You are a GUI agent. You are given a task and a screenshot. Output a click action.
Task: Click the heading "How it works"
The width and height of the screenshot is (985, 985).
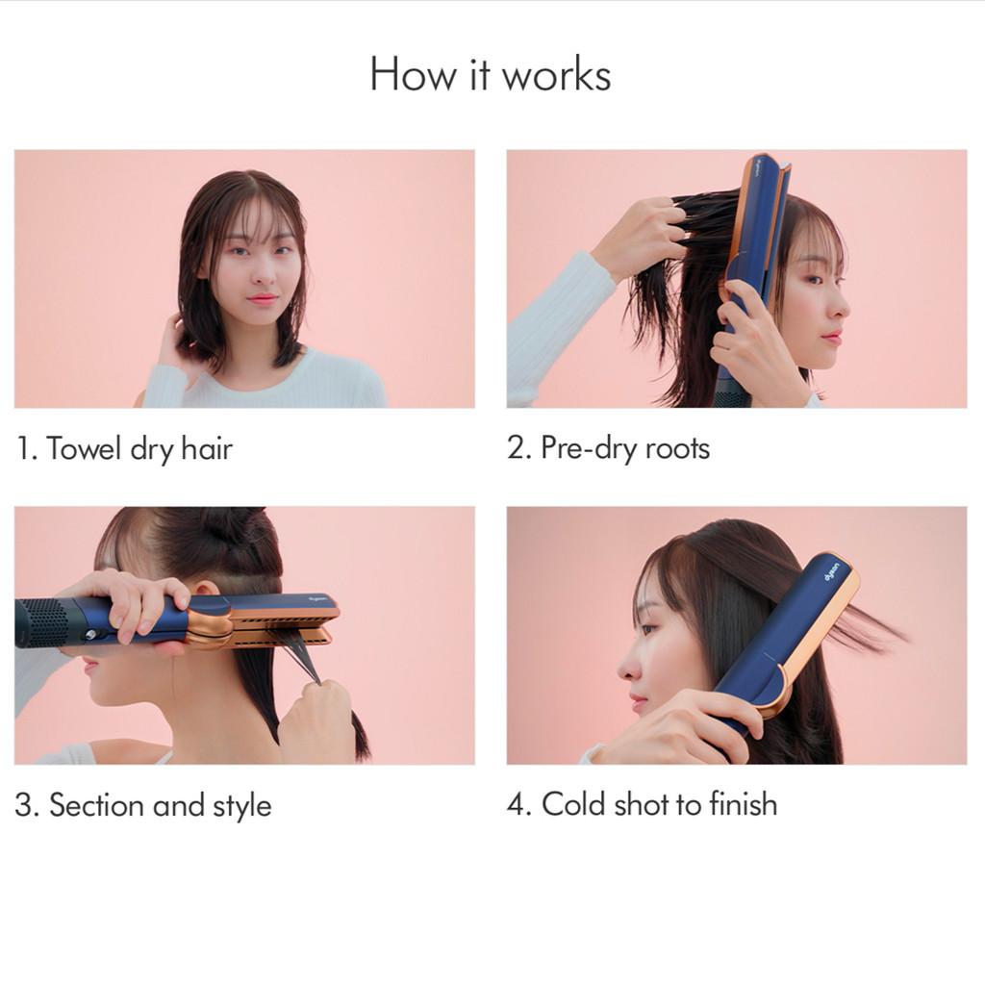490,75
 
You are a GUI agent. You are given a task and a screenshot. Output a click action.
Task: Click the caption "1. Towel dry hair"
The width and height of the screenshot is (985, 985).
124,448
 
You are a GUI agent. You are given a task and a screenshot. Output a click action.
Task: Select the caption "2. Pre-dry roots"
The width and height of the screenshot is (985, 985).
608,448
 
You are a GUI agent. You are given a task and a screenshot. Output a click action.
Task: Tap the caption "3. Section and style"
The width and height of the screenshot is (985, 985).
143,805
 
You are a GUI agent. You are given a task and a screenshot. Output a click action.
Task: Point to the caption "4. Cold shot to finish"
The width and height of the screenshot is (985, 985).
642,804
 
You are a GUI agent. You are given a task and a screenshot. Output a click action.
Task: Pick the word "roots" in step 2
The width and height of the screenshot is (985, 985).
677,449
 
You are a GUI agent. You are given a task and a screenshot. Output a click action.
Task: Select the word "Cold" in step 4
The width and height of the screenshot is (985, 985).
574,804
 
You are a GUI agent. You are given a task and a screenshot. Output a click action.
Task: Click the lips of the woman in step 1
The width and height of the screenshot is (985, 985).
262,299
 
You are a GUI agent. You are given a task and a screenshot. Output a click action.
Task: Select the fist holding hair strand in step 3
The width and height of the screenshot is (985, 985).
316,718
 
